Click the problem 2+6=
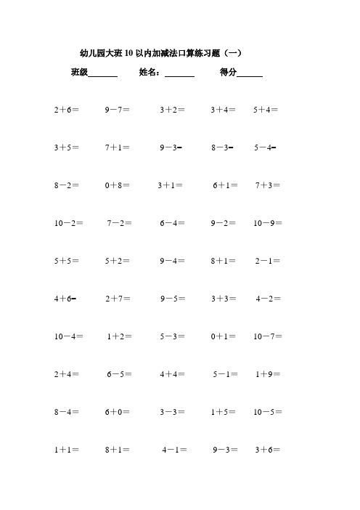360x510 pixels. click(67, 110)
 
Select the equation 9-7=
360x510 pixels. click(118, 110)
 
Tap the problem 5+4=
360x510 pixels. click(266, 110)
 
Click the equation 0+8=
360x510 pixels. click(118, 186)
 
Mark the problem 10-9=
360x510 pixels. click(269, 224)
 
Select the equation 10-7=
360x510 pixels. click(269, 336)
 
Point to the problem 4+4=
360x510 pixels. click(173, 374)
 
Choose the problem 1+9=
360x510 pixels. click(269, 374)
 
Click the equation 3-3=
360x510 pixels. click(173, 412)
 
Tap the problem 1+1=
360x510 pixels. click(67, 450)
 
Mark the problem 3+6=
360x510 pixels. click(269, 450)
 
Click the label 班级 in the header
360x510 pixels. click(79, 73)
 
